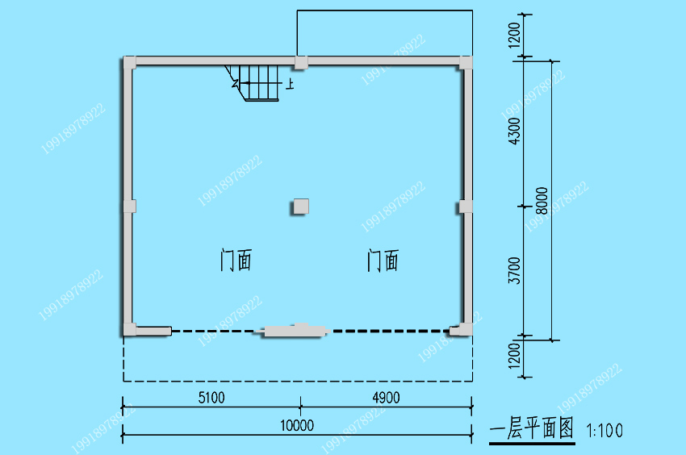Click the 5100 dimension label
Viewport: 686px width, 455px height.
pyautogui.click(x=211, y=398)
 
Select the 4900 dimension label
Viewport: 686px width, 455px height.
pyautogui.click(x=386, y=398)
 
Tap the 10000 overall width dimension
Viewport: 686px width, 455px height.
pyautogui.click(x=297, y=425)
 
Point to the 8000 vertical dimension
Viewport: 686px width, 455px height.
pyautogui.click(x=542, y=200)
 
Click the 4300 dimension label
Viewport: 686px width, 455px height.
pyautogui.click(x=515, y=131)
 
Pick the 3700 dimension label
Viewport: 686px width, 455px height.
pyautogui.click(x=515, y=270)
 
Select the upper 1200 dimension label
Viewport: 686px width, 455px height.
pyautogui.click(x=515, y=35)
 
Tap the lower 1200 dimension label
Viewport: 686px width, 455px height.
pyautogui.click(x=515, y=355)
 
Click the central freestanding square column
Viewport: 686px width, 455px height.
pyautogui.click(x=301, y=207)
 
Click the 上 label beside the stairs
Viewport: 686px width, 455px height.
pyautogui.click(x=290, y=84)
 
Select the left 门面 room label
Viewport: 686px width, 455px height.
pyautogui.click(x=236, y=261)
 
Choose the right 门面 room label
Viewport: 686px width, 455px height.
pyautogui.click(x=383, y=261)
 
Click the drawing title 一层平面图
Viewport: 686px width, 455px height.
pyautogui.click(x=531, y=428)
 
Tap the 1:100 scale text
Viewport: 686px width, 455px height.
pyautogui.click(x=604, y=431)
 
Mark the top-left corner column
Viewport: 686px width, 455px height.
pyautogui.click(x=129, y=63)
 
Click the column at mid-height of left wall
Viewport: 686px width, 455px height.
pyautogui.click(x=129, y=206)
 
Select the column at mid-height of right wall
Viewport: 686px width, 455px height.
pyautogui.click(x=466, y=207)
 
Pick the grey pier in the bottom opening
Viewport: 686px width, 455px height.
pyautogui.click(x=295, y=330)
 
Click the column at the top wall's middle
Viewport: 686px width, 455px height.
pyautogui.click(x=301, y=63)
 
